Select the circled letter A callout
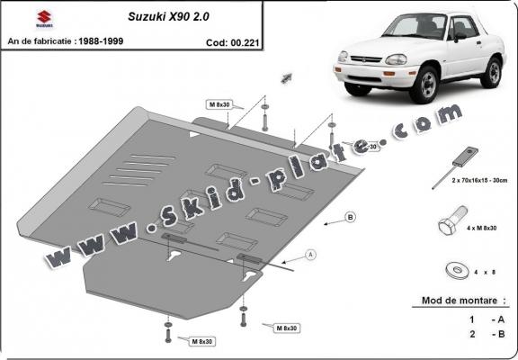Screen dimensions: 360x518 point(310,256)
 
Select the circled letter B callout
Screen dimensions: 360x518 point(350,218)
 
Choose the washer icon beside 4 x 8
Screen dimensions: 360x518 point(451,269)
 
